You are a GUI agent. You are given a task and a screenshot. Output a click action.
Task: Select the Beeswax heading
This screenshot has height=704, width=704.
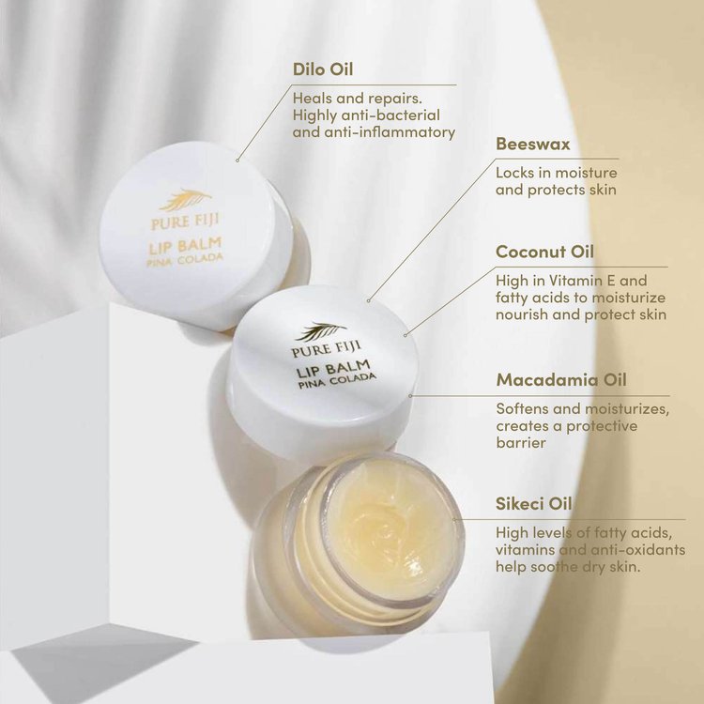(533, 145)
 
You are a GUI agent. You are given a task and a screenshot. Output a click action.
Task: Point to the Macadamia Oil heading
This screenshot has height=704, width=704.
(561, 380)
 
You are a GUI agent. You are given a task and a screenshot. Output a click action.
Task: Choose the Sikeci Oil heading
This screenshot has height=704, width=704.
(534, 503)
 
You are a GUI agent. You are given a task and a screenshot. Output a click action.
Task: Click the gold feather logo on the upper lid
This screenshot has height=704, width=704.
(185, 199)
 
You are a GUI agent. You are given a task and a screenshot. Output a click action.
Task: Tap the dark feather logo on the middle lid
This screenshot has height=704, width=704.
(320, 331)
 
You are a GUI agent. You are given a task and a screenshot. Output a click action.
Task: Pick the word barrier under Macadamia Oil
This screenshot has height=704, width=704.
(521, 443)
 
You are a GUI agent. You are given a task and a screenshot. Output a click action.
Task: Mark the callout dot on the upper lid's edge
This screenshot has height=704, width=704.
(237, 159)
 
